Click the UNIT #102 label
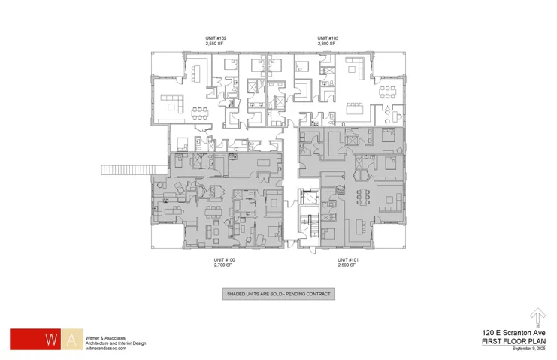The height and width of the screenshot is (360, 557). coord(216,38)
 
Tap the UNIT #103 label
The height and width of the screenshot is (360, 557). coord(328,38)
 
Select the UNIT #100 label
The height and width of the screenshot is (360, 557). coord(224,260)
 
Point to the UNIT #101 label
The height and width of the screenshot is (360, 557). coord(348,260)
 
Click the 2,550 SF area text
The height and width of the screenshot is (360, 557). coord(214,44)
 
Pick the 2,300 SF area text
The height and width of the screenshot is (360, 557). coord(326,44)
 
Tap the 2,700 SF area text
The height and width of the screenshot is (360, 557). coord(222,265)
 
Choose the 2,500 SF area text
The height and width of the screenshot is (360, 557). coord(347,265)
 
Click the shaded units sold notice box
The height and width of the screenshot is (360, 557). coord(278,294)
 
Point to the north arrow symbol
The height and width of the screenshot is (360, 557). coord(537,317)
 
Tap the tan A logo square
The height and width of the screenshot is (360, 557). coord(71,340)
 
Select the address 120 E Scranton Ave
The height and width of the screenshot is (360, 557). coord(513,333)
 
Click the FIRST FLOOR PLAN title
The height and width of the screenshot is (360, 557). coord(513,341)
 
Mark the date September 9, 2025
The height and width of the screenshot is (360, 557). coord(528,349)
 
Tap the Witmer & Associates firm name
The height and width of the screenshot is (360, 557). coord(105,338)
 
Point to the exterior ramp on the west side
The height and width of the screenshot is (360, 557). coord(135,170)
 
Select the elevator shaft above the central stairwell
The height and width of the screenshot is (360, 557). coord(310,198)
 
